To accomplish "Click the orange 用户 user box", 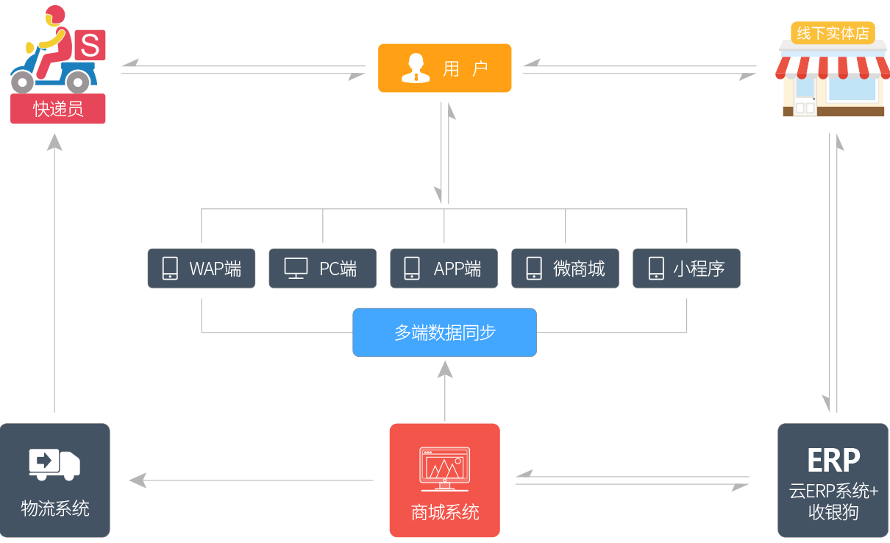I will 444,68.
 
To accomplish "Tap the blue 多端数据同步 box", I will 444,333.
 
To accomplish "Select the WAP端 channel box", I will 202,269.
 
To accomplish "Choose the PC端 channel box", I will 323,269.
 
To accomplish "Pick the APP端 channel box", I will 444,269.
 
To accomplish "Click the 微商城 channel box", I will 566,269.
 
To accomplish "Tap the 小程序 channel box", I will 686,269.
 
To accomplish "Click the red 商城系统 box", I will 444,480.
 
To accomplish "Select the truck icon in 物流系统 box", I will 54,464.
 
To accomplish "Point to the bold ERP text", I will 833,461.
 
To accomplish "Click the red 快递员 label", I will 58,109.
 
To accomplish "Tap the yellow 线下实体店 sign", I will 833,33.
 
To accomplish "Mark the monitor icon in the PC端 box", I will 296,269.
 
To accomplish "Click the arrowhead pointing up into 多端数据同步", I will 444,368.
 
